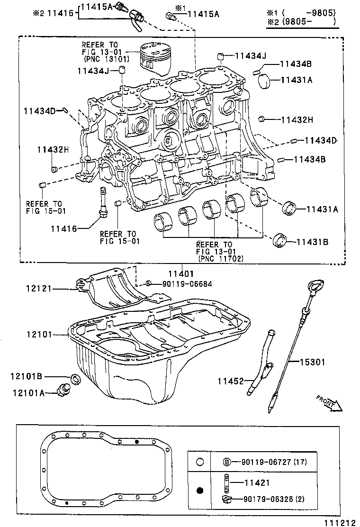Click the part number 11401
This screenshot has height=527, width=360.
pyautogui.click(x=181, y=274)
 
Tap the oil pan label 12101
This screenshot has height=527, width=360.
pyautogui.click(x=40, y=335)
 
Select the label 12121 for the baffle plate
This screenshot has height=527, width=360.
pyautogui.click(x=39, y=288)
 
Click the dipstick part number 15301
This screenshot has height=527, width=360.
pyautogui.click(x=312, y=362)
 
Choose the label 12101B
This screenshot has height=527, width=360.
pyautogui.click(x=27, y=376)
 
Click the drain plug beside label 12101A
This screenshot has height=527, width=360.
pyautogui.click(x=63, y=390)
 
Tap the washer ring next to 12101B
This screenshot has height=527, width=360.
pyautogui.click(x=76, y=379)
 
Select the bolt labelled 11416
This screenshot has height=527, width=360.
pyautogui.click(x=102, y=203)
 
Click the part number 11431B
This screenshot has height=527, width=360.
pyautogui.click(x=312, y=242)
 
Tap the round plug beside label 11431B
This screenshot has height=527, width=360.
pyautogui.click(x=280, y=240)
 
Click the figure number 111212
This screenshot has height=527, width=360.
pyautogui.click(x=340, y=523)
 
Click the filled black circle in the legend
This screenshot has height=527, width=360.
pyautogui.click(x=200, y=491)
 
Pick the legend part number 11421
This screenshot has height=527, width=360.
pyautogui.click(x=257, y=483)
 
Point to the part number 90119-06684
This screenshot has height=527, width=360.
pyautogui.click(x=188, y=284)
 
